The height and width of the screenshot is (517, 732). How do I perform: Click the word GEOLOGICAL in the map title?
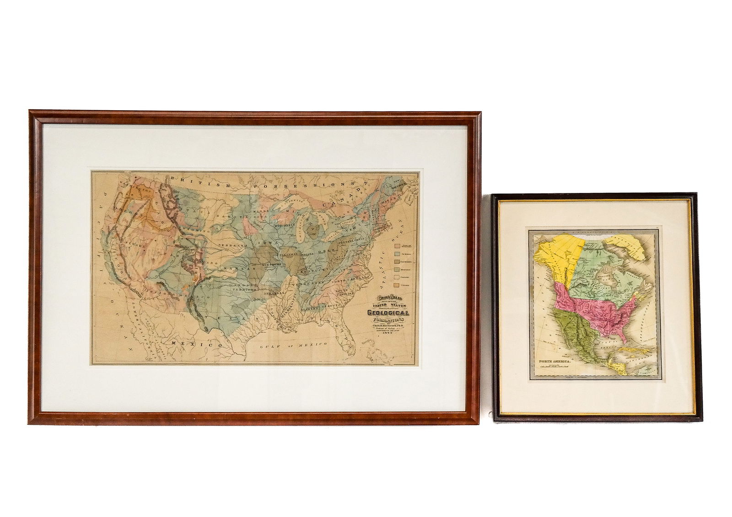(388, 313)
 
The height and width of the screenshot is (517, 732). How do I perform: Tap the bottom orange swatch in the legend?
(397, 285)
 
